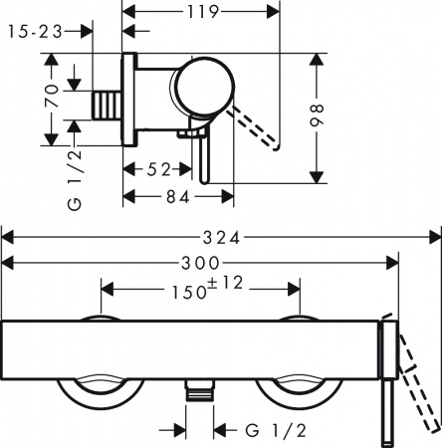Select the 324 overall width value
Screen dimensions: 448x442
pos(221,239)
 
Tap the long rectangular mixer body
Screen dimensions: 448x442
pos(189,348)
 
